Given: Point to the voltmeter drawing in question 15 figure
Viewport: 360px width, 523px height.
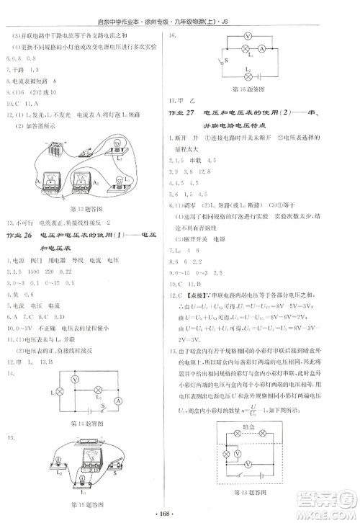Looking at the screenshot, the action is tap(92, 457).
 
